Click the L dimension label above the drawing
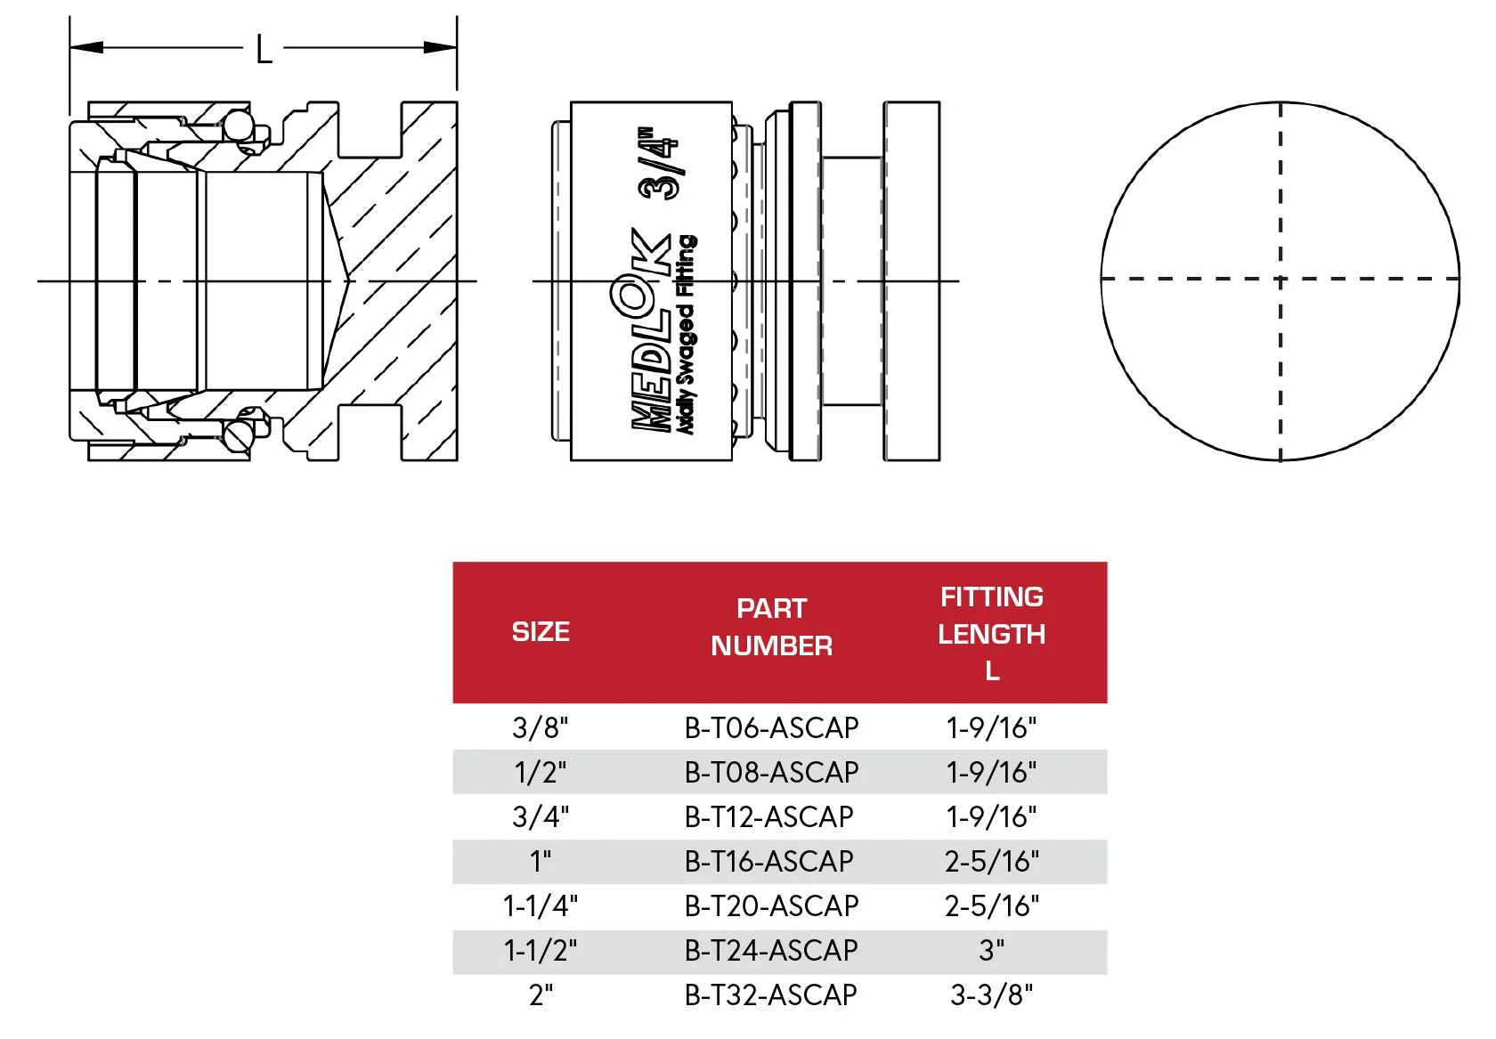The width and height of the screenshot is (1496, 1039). tap(264, 50)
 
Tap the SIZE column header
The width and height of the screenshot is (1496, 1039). tap(541, 632)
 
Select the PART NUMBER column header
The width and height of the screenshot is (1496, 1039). tap(771, 627)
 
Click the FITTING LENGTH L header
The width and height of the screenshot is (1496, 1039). tap(991, 633)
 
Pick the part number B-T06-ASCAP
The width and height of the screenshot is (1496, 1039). tap(771, 728)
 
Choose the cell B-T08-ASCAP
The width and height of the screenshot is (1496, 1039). tap(771, 773)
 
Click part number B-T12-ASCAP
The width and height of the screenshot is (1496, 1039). tap(768, 817)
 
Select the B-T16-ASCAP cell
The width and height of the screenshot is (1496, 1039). tap(768, 862)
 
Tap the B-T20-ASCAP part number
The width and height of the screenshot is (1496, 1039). tap(771, 906)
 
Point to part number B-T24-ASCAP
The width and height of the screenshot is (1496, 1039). tap(770, 951)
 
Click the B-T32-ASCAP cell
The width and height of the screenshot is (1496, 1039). tap(770, 995)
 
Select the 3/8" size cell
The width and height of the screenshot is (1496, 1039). tap(541, 728)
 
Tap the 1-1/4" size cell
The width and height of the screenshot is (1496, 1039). tap(541, 906)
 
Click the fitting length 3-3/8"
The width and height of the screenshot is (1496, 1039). tap(991, 995)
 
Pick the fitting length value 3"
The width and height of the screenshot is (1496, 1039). tap(991, 951)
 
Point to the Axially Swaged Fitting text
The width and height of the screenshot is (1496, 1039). tap(687, 335)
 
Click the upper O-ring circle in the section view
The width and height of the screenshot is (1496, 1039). tap(238, 124)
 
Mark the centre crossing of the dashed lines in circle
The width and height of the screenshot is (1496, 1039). tap(1281, 280)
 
